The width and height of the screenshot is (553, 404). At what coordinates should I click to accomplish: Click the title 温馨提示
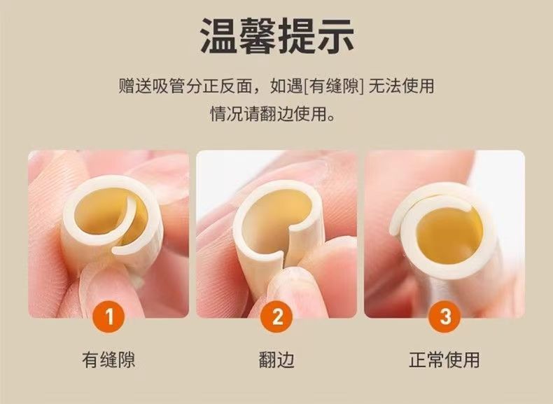click(277, 36)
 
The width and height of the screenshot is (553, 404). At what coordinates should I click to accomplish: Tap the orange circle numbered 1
click(109, 316)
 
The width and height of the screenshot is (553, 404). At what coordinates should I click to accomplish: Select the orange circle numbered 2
click(277, 316)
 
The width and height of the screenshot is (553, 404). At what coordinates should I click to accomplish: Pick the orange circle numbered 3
click(444, 316)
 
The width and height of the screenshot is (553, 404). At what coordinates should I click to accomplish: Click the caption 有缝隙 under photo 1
click(108, 360)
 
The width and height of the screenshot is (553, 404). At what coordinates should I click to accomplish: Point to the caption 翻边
click(276, 360)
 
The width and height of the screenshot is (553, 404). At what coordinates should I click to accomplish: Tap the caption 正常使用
click(444, 360)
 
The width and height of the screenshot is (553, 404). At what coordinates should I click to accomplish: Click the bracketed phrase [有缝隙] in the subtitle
click(333, 86)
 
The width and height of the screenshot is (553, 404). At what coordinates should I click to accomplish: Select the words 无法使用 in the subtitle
click(401, 86)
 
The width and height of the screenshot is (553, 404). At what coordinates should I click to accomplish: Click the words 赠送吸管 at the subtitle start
click(152, 86)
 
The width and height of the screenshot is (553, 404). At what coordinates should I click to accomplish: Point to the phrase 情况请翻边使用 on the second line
click(268, 113)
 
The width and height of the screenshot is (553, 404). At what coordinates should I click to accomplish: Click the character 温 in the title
click(218, 36)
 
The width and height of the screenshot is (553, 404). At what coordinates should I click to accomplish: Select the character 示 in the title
click(335, 36)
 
